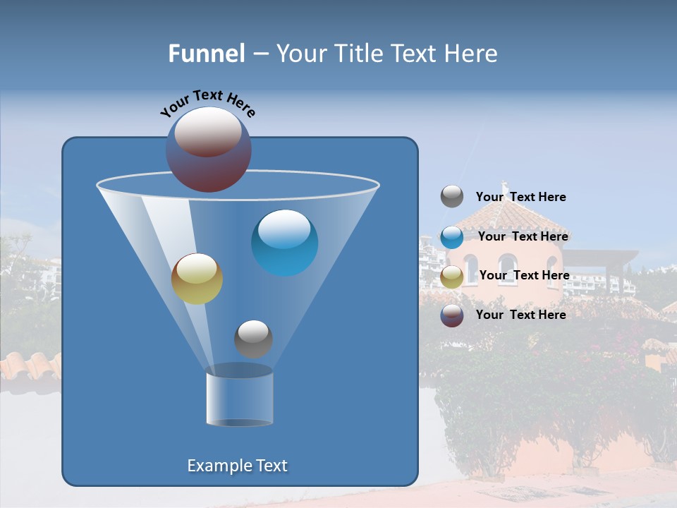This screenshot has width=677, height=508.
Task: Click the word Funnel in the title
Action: point(206,54)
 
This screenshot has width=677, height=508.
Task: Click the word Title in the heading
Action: point(357,54)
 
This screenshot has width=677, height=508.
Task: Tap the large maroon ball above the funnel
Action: point(208,150)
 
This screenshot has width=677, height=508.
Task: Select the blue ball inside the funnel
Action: point(284,242)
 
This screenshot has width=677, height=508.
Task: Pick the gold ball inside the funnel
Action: point(197,278)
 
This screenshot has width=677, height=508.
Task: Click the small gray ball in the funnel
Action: point(253,339)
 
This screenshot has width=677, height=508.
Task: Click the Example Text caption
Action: point(237,466)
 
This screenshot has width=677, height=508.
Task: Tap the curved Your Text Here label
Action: point(208,103)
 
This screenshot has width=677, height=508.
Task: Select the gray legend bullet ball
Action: point(452,197)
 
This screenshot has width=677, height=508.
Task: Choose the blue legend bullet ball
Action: point(452,237)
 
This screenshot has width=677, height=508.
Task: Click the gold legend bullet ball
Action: point(452,277)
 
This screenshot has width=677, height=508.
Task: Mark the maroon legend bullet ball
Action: point(452,315)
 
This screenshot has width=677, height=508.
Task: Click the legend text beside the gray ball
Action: point(520,198)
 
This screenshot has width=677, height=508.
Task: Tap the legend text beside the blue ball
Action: point(523,236)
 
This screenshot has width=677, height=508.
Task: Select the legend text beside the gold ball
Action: point(524,275)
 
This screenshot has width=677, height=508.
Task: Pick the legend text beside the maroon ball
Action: point(520,315)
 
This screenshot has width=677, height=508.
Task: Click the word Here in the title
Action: point(468,54)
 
